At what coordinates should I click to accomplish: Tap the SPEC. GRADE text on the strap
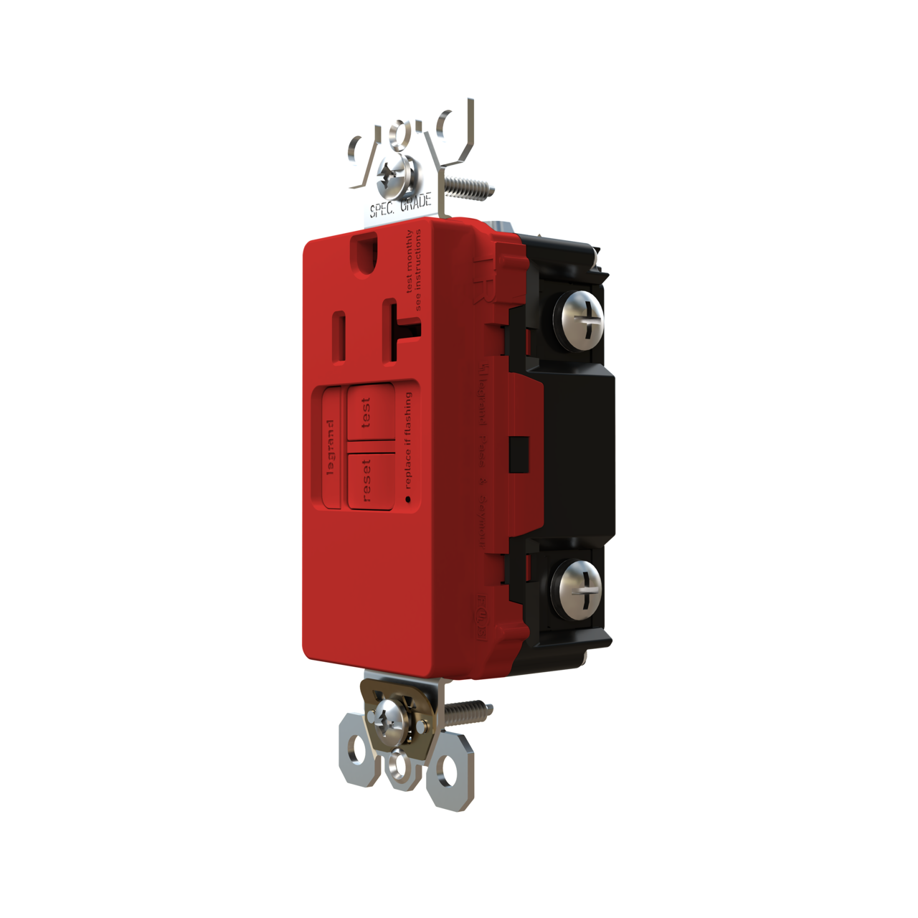[400, 206]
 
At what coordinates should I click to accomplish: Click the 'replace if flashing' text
[408, 440]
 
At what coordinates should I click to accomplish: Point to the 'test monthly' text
[410, 262]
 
